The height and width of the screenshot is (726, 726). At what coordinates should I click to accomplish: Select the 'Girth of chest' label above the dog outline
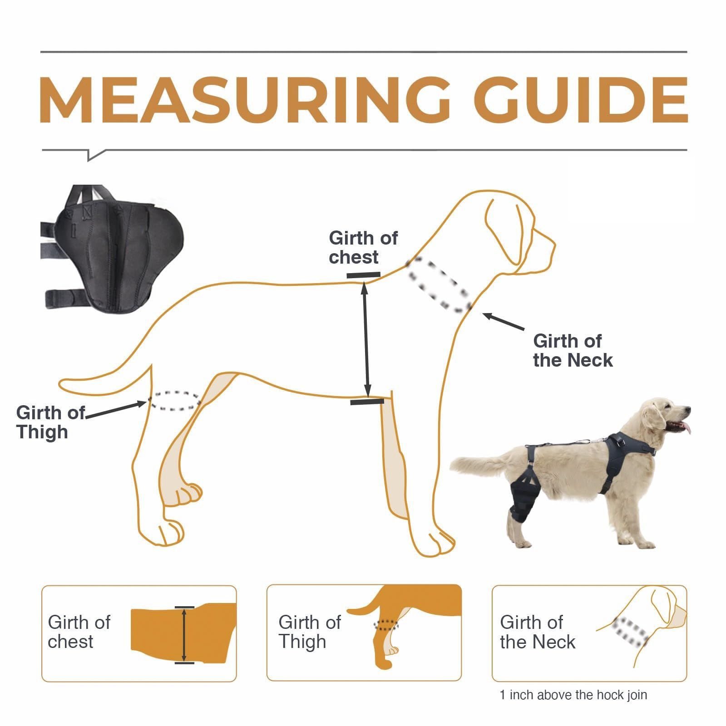pyautogui.click(x=362, y=247)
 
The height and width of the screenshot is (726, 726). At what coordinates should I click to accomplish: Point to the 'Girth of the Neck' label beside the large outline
pyautogui.click(x=572, y=350)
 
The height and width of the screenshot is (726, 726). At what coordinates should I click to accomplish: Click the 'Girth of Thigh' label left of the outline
pyautogui.click(x=50, y=422)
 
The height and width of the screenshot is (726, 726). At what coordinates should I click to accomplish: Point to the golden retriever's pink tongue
pyautogui.click(x=686, y=427)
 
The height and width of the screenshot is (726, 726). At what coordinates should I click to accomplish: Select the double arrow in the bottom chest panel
pyautogui.click(x=184, y=635)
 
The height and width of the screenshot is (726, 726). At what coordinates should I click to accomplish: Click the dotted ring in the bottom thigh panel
pyautogui.click(x=385, y=625)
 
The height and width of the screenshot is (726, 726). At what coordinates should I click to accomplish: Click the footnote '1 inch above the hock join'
pyautogui.click(x=573, y=695)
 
